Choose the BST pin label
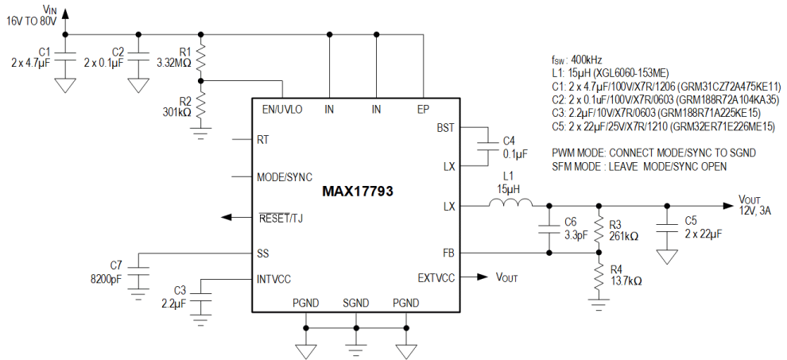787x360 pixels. point(445,128)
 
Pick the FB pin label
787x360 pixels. point(448,253)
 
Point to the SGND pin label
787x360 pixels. point(355,303)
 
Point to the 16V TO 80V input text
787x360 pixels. point(32,21)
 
